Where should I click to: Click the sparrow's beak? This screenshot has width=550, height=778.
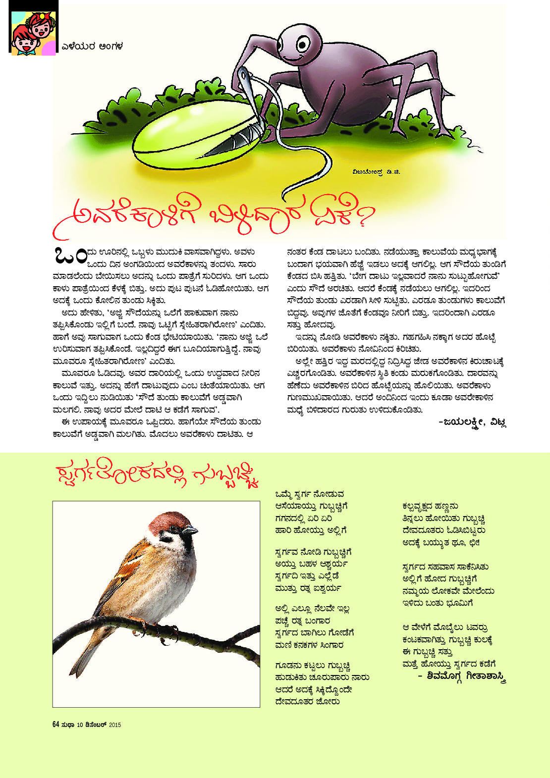point(191,530)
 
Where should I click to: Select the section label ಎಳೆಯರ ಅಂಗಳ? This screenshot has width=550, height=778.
point(92,47)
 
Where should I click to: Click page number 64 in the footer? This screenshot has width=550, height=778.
point(56,725)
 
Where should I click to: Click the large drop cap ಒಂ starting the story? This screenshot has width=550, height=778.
point(68,256)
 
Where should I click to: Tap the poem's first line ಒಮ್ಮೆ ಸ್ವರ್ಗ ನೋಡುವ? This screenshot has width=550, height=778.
point(310,494)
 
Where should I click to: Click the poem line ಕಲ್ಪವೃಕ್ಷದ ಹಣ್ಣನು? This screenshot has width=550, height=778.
point(430,506)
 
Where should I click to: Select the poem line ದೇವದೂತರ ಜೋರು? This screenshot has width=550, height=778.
point(307,702)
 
